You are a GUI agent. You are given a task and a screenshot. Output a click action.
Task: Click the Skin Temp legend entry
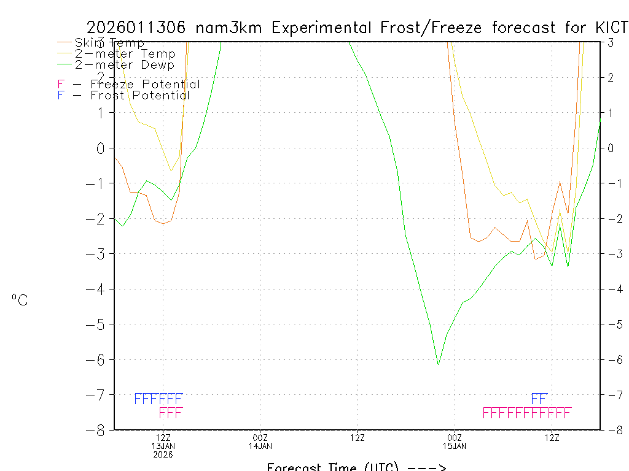pos(109,42)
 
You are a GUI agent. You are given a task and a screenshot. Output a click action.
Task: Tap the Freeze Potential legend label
pos(145,84)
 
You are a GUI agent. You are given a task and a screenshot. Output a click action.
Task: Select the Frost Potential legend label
pos(140,95)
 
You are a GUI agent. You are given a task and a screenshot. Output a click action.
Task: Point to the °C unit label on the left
pos(20,300)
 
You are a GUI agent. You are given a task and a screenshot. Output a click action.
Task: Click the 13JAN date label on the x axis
pos(163,446)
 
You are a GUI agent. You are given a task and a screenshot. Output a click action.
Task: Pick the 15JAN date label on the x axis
pos(454,446)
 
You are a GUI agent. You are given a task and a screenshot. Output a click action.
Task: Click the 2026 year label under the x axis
pos(163,454)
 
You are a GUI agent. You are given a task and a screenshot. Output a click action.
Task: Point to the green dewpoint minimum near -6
pos(438,364)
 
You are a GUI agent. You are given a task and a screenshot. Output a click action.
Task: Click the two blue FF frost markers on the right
pos(539,399)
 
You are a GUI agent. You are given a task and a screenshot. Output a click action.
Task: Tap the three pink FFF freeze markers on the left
pos(171,413)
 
